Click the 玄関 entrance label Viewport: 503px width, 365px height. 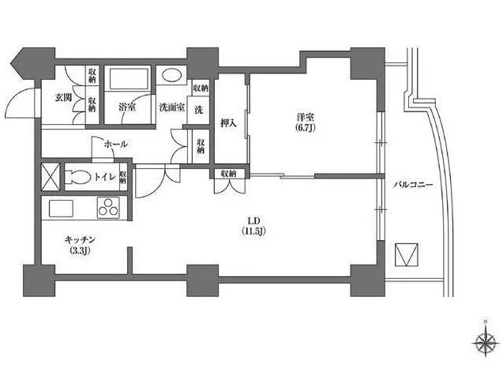pos(63,97)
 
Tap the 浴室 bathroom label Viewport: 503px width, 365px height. pos(127,107)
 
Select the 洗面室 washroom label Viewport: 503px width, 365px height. pos(172,107)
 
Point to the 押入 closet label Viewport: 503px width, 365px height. pos(228,123)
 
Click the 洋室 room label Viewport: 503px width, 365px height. pos(306,117)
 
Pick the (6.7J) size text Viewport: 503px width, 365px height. pos(306,128)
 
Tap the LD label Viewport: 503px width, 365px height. pos(253,220)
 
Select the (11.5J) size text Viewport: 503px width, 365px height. pos(253,231)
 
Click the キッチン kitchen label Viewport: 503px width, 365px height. pos(81,239)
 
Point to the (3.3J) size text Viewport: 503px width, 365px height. pos(81,250)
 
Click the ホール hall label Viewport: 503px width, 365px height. pos(116,144)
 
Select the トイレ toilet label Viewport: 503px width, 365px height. pos(104,176)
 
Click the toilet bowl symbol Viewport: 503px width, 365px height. pos(77,176)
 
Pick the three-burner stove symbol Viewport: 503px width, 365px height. pos(108,208)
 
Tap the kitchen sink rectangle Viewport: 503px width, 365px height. pos(61,209)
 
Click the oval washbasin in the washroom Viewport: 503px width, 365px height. pos(171,75)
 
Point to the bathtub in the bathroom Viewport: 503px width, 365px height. pos(128,78)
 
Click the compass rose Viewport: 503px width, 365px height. pos(485,341)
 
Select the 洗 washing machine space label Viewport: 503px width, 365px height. pos(199,110)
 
